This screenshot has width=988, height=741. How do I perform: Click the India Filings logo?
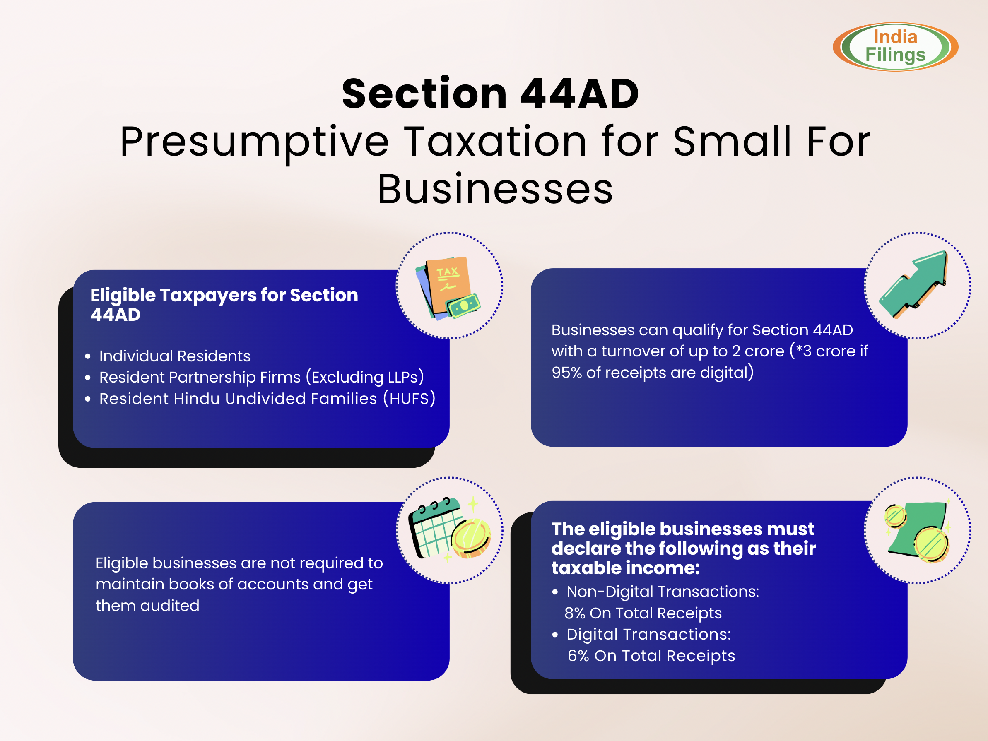[895, 46]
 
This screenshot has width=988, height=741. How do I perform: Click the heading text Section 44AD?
[490, 94]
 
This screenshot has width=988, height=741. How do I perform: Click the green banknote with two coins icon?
[917, 531]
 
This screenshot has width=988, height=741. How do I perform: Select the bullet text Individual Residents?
[175, 356]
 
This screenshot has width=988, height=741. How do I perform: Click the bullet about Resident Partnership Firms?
[262, 378]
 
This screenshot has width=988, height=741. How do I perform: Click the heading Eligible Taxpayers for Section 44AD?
[224, 305]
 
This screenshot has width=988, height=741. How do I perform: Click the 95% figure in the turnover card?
[567, 373]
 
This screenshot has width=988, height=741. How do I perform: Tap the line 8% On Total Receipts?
[643, 613]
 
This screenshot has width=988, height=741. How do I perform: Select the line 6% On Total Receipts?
[651, 656]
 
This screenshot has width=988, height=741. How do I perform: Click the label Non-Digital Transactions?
[663, 592]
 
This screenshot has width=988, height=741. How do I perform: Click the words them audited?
[147, 606]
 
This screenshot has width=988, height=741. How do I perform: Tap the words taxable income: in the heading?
[626, 568]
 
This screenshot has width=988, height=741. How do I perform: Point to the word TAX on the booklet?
[448, 272]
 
